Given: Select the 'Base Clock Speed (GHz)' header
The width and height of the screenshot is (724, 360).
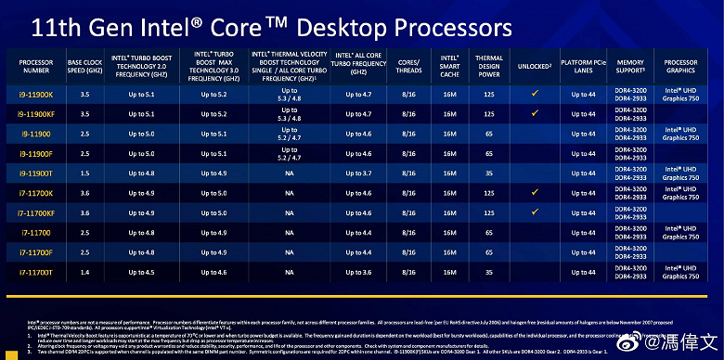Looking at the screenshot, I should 85,67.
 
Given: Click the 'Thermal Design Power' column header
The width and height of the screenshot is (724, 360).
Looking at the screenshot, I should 489,67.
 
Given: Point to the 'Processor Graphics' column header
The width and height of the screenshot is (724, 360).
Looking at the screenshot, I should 681,67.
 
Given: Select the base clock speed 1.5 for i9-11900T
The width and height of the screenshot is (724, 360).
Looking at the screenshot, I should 85,174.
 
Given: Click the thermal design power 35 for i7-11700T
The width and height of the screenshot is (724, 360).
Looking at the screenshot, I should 489,271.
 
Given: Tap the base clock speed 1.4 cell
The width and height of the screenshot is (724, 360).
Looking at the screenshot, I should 85,271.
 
